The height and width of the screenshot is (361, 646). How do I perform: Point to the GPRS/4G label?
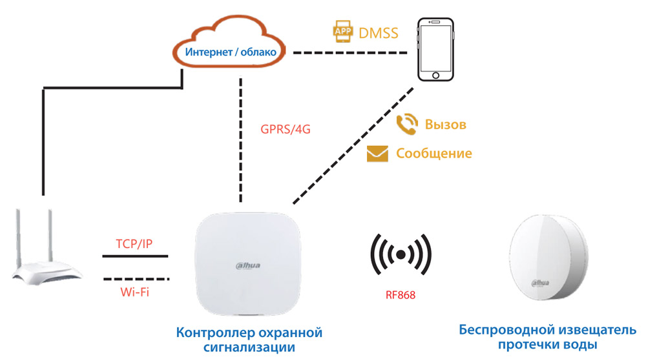(286, 129)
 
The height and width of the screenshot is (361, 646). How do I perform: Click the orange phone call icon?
(406, 124)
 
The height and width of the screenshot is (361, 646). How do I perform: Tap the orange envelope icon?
(377, 154)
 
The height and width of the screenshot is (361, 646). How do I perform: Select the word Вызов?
(445, 124)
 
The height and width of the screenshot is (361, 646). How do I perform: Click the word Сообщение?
(434, 154)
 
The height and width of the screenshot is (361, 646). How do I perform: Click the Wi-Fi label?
(136, 291)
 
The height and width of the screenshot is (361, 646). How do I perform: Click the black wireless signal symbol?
(401, 254)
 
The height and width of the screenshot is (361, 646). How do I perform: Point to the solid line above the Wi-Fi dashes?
(135, 256)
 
